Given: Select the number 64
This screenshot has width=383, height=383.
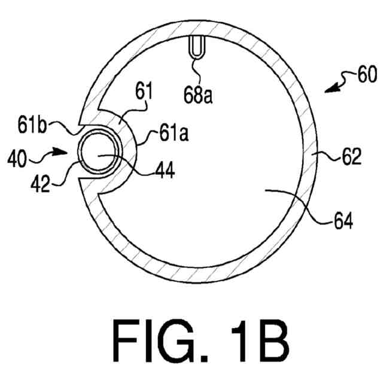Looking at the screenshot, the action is (343, 222).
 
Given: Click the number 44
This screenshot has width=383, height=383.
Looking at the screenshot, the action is (164, 171).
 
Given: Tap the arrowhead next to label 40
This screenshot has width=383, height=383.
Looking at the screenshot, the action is (65, 151).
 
